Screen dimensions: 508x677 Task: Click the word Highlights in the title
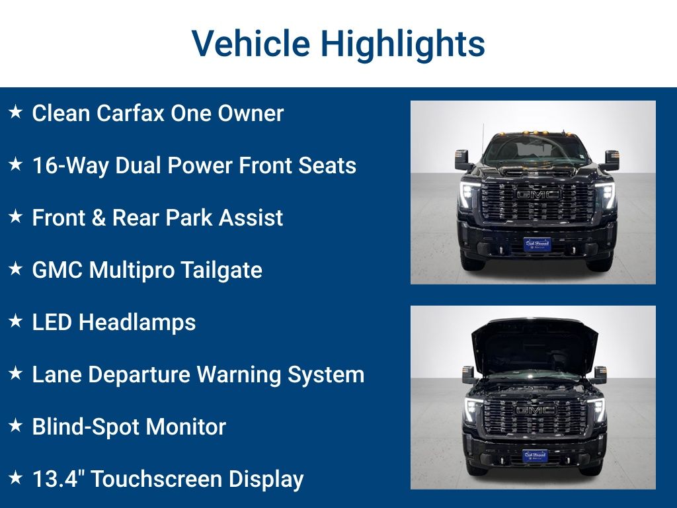[x=403, y=44]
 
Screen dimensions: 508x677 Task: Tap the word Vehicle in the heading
[x=251, y=44]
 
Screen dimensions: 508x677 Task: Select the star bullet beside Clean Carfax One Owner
[x=15, y=112]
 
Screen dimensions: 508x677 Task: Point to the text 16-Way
[x=71, y=165]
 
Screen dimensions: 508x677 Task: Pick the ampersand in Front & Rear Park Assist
[x=99, y=218]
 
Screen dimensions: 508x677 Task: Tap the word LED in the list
[x=52, y=322]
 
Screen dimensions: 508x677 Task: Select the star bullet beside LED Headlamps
[x=15, y=321]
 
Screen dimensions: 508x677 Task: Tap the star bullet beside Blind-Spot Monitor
[x=15, y=426]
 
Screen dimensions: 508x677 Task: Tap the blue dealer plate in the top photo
[x=537, y=244]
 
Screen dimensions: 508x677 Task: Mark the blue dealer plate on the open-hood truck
[x=535, y=456]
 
